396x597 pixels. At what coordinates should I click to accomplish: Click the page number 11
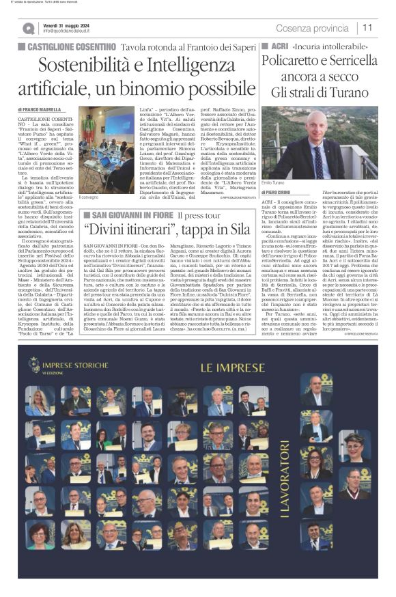tap(367, 27)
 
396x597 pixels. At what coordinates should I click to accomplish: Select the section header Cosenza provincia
tap(312, 27)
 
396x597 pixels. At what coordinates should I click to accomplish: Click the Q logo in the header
tap(28, 28)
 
